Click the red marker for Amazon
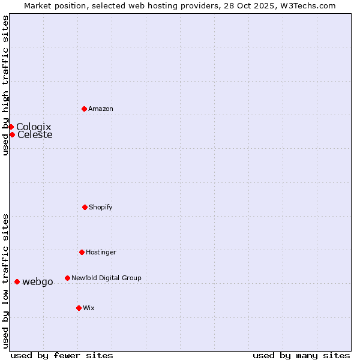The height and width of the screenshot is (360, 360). pyautogui.click(x=84, y=109)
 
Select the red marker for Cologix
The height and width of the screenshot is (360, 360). pyautogui.click(x=11, y=127)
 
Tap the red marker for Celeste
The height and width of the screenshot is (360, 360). pyautogui.click(x=12, y=134)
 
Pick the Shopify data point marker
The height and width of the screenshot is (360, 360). pyautogui.click(x=85, y=207)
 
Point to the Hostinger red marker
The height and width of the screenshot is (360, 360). pyautogui.click(x=82, y=252)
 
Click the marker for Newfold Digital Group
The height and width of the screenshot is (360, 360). pyautogui.click(x=67, y=278)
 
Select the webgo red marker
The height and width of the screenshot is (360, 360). pyautogui.click(x=17, y=281)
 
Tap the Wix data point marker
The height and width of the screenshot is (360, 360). pyautogui.click(x=79, y=308)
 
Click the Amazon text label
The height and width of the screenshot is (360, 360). pyautogui.click(x=101, y=109)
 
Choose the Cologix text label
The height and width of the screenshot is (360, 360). pyautogui.click(x=34, y=127)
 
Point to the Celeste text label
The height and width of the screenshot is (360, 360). pyautogui.click(x=35, y=134)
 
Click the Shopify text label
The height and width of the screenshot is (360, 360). pyautogui.click(x=101, y=207)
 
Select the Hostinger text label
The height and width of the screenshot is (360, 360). pyautogui.click(x=101, y=252)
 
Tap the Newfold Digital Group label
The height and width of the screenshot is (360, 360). pyautogui.click(x=106, y=278)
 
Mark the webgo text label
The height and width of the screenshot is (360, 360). pyautogui.click(x=38, y=281)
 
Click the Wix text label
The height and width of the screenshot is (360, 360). pyautogui.click(x=89, y=308)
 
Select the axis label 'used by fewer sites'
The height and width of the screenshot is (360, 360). pyautogui.click(x=62, y=355)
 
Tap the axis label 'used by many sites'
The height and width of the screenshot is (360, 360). pyautogui.click(x=301, y=355)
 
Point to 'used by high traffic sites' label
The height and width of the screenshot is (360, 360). pyautogui.click(x=5, y=85)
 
